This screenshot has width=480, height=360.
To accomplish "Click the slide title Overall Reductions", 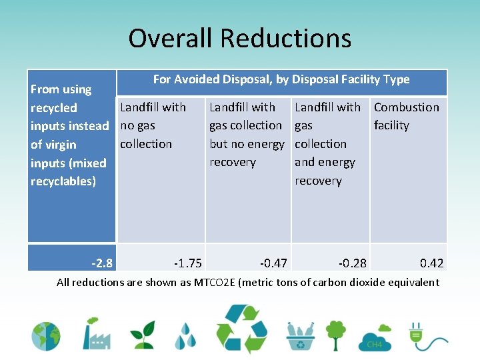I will (x=239, y=38).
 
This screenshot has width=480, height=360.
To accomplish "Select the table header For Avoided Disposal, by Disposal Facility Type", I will (x=281, y=80).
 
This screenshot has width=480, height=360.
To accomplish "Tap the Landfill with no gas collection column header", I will (x=153, y=125).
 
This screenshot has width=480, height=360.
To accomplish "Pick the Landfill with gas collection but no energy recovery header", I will (x=246, y=135).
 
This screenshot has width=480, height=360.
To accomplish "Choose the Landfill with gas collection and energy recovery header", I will (x=327, y=143).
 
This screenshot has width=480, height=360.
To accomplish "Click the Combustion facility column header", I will (x=406, y=116).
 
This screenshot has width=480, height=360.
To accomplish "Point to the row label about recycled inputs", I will (x=69, y=135).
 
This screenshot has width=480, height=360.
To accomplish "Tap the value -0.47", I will (x=273, y=263).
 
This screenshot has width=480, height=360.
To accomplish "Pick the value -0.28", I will (x=352, y=263).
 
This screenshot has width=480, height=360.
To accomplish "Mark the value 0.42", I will (x=431, y=263).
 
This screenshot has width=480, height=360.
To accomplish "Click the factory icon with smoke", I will (x=95, y=333).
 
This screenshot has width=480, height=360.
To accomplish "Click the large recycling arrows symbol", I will (x=245, y=329).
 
